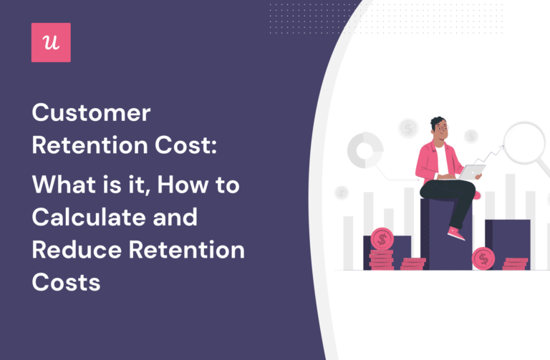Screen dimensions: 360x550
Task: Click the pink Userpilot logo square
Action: (x=51, y=42)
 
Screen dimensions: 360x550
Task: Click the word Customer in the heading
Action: (x=92, y=114)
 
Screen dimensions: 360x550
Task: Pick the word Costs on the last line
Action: (x=65, y=282)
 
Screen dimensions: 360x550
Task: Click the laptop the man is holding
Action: (x=472, y=172)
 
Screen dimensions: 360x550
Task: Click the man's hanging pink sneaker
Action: (x=455, y=233)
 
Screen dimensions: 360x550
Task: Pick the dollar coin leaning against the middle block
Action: (x=483, y=257)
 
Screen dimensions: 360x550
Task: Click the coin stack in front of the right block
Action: (x=515, y=264)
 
